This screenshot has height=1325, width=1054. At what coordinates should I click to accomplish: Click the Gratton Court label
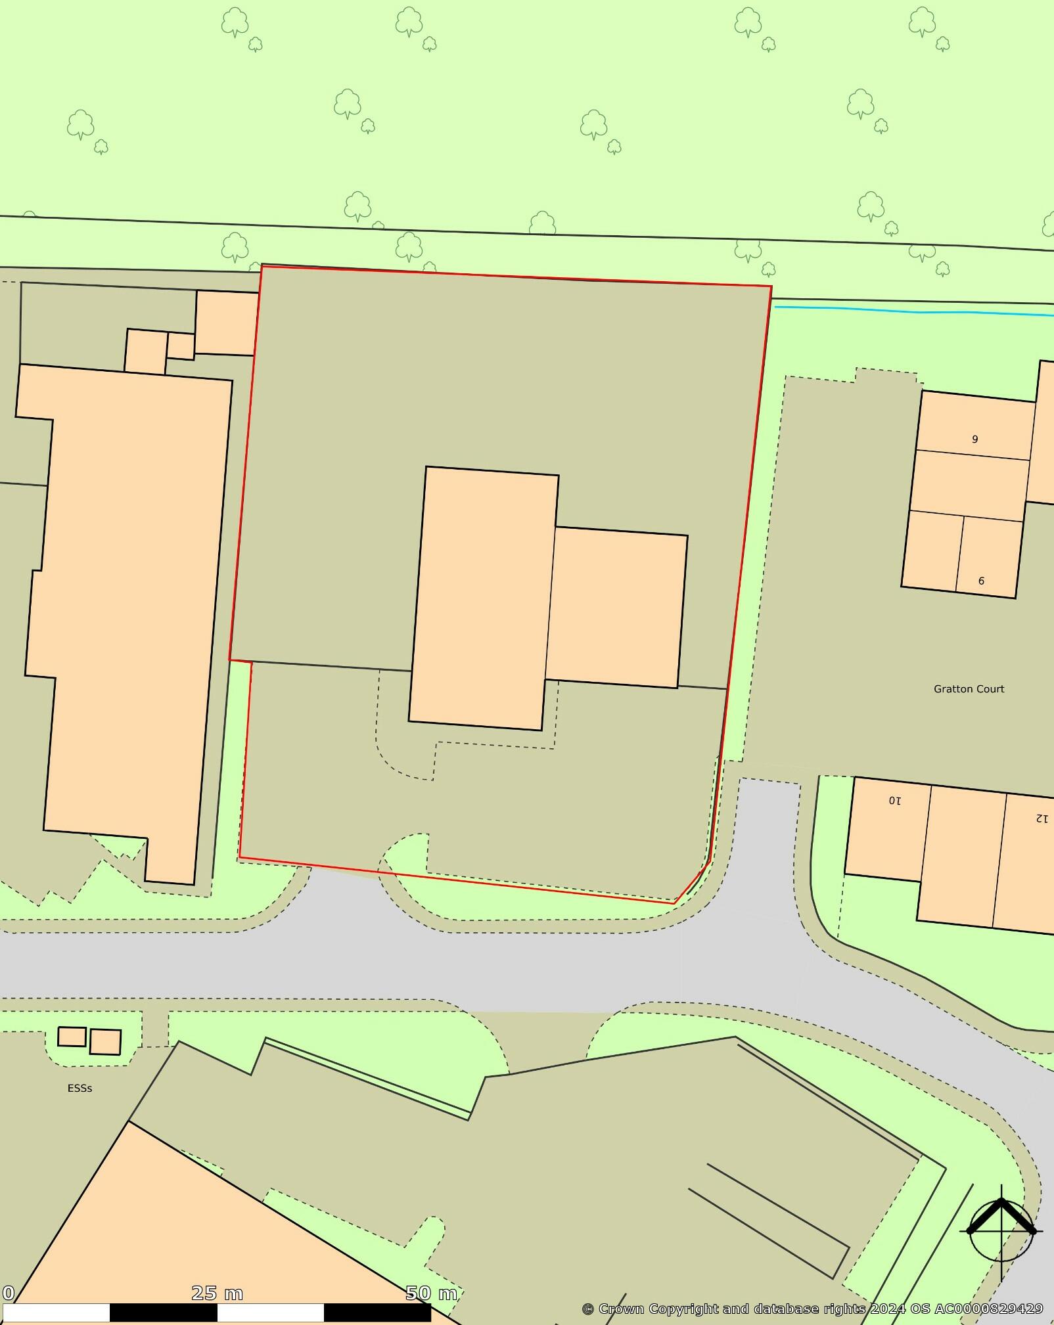pyautogui.click(x=969, y=689)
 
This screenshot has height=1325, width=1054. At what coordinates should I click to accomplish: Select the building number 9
pyautogui.click(x=974, y=439)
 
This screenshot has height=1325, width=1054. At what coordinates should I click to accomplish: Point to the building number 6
pyautogui.click(x=981, y=581)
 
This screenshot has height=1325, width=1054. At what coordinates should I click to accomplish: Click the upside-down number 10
pyautogui.click(x=895, y=801)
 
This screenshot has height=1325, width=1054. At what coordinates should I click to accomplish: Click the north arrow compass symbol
pyautogui.click(x=1001, y=1232)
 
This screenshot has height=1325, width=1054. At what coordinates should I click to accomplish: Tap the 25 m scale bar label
pyautogui.click(x=217, y=1293)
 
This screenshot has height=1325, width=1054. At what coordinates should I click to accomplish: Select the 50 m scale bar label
pyautogui.click(x=430, y=1293)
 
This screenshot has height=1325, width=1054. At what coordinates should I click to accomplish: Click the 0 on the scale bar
pyautogui.click(x=8, y=1293)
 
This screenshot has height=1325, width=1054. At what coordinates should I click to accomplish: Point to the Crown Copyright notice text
pyautogui.click(x=812, y=1309)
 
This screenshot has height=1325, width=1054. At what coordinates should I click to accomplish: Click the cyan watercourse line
pyautogui.click(x=913, y=311)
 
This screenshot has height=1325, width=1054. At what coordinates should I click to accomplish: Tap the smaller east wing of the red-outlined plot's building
pyautogui.click(x=616, y=608)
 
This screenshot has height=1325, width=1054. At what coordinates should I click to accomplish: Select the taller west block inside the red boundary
pyautogui.click(x=484, y=598)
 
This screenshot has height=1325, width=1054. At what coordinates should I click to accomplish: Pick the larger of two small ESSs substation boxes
pyautogui.click(x=105, y=1042)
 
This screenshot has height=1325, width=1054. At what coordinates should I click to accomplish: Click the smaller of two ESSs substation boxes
pyautogui.click(x=72, y=1037)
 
